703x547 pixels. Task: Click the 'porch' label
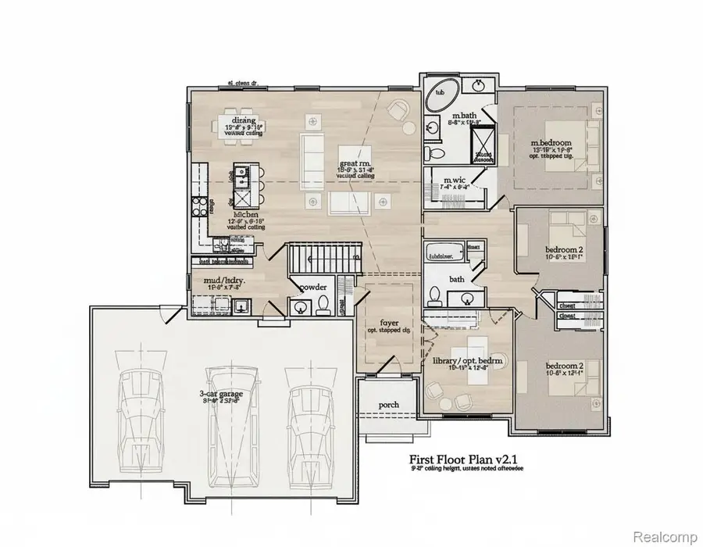(x=388, y=404)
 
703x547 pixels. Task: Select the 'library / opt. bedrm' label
(x=467, y=360)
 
